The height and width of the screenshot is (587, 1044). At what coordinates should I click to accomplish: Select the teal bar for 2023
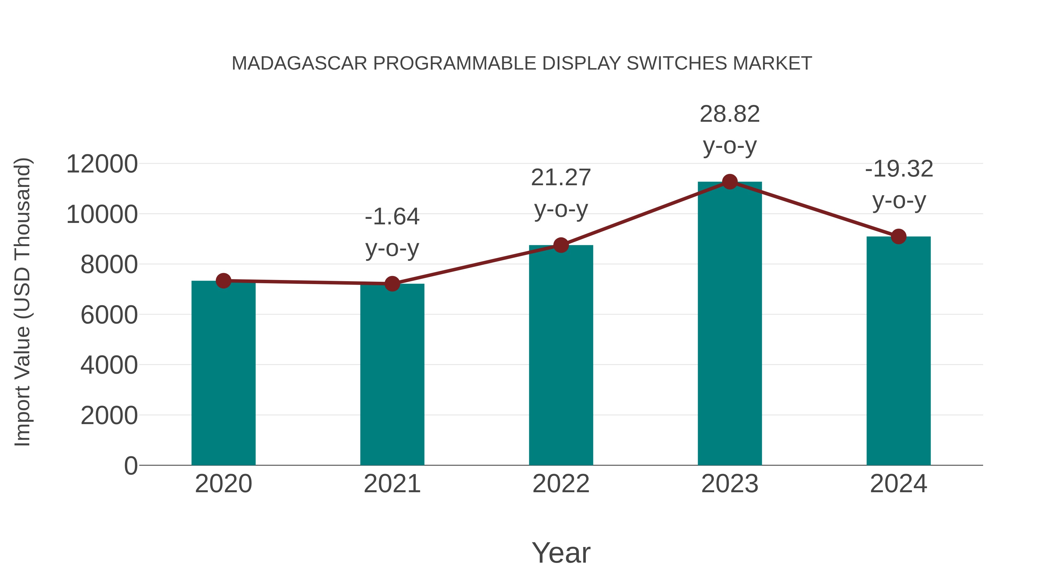[730, 324]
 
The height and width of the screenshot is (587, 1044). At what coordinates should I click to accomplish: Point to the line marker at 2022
[561, 245]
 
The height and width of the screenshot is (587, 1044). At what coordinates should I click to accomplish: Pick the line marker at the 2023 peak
[730, 182]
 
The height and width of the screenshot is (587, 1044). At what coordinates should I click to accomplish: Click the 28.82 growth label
[730, 114]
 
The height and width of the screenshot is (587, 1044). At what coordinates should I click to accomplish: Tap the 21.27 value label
[561, 178]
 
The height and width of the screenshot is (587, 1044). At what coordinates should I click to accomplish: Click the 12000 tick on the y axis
[102, 164]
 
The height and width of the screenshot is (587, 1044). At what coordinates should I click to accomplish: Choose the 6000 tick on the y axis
[109, 315]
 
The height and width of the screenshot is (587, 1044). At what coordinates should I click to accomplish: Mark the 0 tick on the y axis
[131, 466]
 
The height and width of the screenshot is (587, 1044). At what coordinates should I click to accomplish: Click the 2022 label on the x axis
[561, 484]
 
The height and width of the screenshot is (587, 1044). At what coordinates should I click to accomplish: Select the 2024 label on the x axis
[898, 484]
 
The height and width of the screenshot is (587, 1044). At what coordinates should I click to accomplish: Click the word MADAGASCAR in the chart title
[299, 63]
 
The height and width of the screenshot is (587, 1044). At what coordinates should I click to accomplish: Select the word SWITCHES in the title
[677, 63]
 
